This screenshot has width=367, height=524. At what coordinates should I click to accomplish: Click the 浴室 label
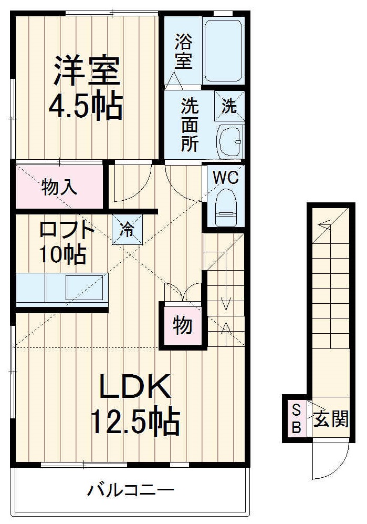[x=183, y=51]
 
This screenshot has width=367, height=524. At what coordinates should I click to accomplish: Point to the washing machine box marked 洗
[x=229, y=106]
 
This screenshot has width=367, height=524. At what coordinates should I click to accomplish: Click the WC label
[x=226, y=177]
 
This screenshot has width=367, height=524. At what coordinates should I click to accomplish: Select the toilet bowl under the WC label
[x=226, y=207]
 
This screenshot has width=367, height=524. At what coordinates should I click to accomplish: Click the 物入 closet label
[x=59, y=187]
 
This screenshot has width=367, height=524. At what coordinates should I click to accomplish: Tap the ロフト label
[x=67, y=230]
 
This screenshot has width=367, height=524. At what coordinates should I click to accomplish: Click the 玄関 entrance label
[x=331, y=419]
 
